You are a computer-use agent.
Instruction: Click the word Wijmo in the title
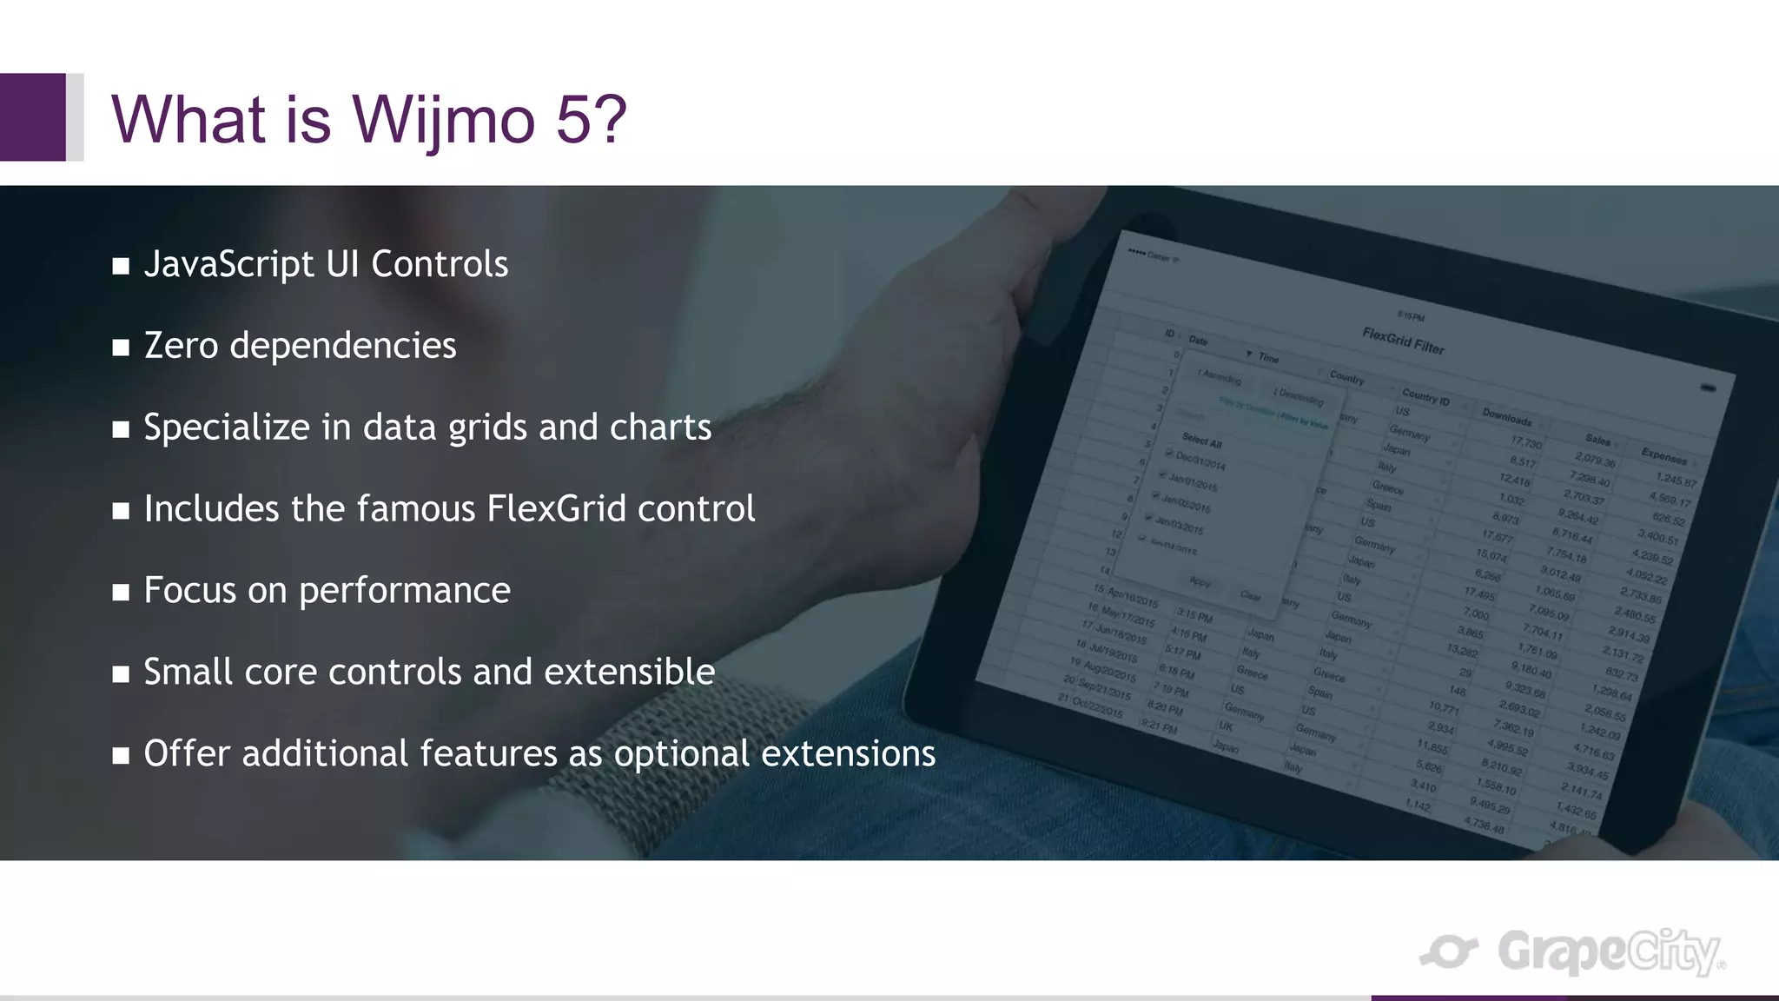click(x=443, y=120)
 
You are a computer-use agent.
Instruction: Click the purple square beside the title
click(x=33, y=116)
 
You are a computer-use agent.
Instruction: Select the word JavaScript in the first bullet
click(x=228, y=264)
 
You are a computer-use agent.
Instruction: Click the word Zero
click(x=181, y=346)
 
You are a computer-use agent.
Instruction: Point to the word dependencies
click(x=342, y=346)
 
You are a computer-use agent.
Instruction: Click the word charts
click(x=660, y=428)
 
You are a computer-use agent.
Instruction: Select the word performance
click(x=405, y=591)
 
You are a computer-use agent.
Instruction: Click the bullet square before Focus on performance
click(x=121, y=593)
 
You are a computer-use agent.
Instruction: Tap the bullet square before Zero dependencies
click(x=121, y=348)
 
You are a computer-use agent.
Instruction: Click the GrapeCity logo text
click(x=1607, y=952)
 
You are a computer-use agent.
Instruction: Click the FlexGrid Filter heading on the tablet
click(x=1402, y=341)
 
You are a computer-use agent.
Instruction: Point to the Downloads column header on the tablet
click(x=1507, y=416)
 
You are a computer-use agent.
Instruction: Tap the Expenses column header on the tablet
click(x=1663, y=455)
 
